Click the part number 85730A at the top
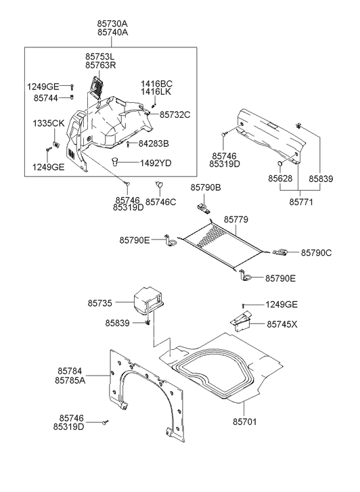coord(112,24)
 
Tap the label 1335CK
coord(49,123)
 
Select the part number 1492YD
coord(156,163)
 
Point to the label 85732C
coord(175,115)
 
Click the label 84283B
coord(154,143)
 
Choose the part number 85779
coord(235,219)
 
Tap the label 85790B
coord(206,187)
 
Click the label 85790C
coord(317,252)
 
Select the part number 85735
coord(99,303)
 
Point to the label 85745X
coord(282,324)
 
